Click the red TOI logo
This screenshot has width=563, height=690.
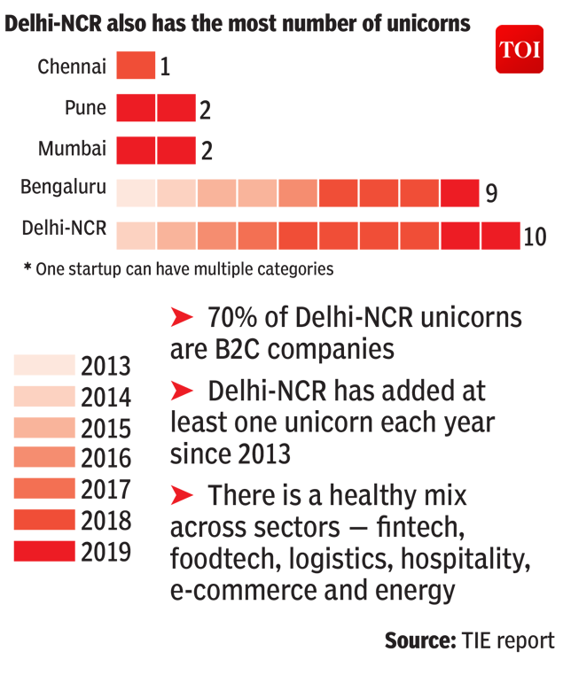pos(520,50)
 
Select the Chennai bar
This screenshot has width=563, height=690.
pos(136,66)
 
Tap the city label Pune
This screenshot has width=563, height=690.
pos(85,108)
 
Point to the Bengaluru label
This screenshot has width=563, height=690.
pos(64,187)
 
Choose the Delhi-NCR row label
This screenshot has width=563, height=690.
pos(64,229)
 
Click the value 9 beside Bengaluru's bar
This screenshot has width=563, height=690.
pos(491,193)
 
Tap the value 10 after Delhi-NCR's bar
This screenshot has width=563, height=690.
pos(536,237)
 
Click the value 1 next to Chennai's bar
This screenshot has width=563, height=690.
pos(165,67)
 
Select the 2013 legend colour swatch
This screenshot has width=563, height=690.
pos(44,365)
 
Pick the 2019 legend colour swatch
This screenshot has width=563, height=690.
pos(44,551)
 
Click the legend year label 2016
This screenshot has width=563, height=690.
pos(106,459)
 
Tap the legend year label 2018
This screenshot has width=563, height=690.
pos(106,520)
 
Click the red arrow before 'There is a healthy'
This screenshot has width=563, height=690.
pos(182,493)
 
